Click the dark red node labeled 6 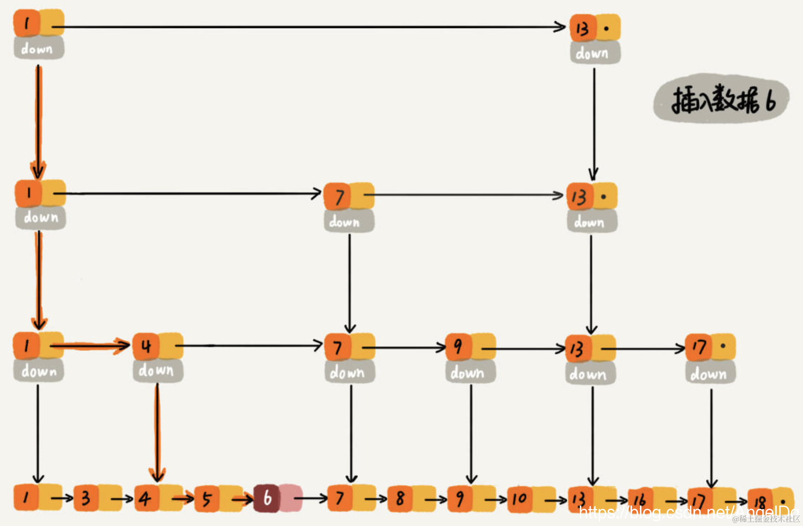267,498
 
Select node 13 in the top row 583,28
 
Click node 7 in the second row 338,197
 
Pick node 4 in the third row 146,346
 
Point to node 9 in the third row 458,347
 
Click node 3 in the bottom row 86,498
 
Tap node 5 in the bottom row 207,499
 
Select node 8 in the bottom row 400,498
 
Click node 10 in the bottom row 519,498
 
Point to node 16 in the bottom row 640,500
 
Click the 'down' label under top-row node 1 38,48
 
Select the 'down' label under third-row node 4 156,371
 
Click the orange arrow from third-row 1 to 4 89,345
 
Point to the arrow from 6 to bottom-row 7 311,498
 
